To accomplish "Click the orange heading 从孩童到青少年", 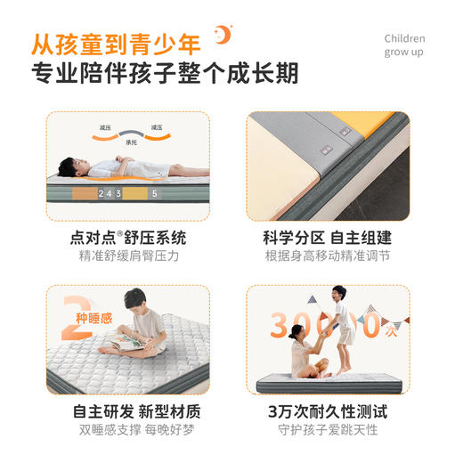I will (116, 41).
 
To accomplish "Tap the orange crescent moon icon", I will (223, 36).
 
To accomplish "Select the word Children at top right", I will (404, 38).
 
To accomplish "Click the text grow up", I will (404, 53).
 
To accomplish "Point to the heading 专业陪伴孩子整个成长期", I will (164, 73).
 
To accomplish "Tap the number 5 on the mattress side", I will (154, 192).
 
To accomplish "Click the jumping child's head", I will (338, 295).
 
